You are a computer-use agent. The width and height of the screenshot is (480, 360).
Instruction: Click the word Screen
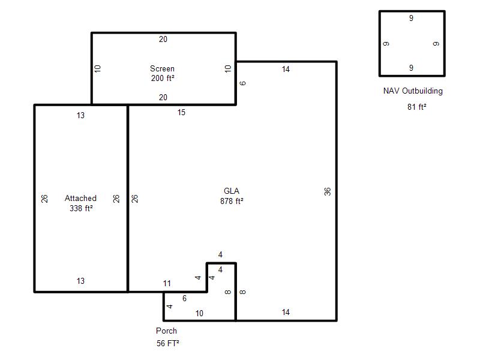coord(162,68)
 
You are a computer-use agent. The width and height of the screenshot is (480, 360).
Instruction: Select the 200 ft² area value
coord(163,79)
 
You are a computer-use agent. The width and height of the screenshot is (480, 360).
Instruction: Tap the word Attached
coord(80,198)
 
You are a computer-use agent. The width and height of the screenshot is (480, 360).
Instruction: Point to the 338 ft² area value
coord(81,208)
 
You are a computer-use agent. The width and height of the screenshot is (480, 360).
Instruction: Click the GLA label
coord(232,191)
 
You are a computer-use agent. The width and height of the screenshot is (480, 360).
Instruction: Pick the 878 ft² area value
coord(232,201)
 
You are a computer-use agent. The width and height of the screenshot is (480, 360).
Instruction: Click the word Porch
coord(166,331)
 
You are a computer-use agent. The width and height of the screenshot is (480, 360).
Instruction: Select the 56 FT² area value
coord(168,343)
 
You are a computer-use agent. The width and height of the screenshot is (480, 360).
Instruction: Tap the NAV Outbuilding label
coord(413,91)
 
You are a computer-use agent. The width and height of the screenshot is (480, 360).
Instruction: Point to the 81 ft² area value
coord(416,107)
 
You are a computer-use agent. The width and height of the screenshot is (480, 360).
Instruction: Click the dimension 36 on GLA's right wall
coord(327,191)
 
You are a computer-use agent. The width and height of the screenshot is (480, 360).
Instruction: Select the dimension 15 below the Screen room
coord(181,112)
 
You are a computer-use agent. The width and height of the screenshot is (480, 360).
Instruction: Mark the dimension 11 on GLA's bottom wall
coord(167,283)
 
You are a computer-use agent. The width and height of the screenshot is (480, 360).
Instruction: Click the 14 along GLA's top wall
coord(286,69)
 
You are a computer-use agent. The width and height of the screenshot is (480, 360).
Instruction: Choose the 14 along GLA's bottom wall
coord(286,312)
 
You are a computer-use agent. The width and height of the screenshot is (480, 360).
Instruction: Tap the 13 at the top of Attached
coord(80,115)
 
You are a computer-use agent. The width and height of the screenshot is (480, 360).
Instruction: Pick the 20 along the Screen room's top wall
coord(163,39)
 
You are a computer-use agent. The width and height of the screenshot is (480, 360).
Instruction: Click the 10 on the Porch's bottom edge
coord(199,313)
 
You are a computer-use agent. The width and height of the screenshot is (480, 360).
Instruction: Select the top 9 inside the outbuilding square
coord(411,18)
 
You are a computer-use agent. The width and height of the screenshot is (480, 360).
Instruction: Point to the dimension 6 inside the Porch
coord(184,298)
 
